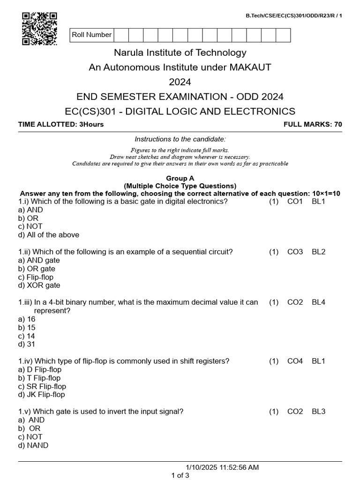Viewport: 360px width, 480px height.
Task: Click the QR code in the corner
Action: point(39,29)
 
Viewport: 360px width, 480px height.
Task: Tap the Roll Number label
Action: point(92,35)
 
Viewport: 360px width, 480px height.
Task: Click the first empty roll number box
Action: point(121,35)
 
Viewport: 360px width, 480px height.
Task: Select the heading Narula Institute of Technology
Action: point(180,52)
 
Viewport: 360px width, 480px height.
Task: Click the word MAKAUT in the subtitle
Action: point(250,67)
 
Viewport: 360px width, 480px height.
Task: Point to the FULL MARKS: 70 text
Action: point(313,124)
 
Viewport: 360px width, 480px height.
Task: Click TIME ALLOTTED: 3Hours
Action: point(61,124)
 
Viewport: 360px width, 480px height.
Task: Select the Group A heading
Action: point(180,178)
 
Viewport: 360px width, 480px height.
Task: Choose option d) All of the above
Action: point(49,235)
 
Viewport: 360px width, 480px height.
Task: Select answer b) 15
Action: point(27,328)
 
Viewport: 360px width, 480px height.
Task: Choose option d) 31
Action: point(27,344)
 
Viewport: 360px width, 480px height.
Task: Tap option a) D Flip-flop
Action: point(40,369)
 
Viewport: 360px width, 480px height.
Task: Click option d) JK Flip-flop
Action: point(41,395)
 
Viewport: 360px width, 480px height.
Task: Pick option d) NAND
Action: point(33,445)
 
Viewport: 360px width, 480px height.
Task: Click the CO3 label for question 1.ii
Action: point(295,252)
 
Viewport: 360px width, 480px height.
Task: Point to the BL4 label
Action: point(318,302)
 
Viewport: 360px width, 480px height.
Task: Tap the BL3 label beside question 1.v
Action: point(318,412)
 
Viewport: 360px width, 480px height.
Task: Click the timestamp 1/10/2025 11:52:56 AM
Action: point(222,467)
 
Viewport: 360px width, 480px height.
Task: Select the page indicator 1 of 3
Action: point(180,475)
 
